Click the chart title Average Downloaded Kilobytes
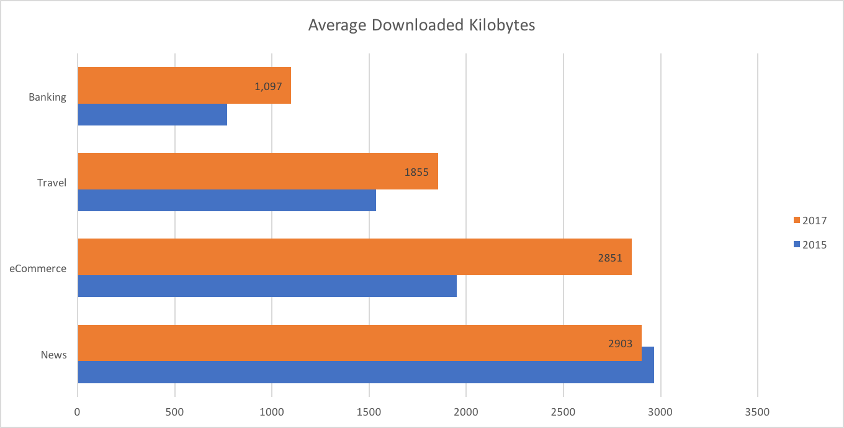tap(421, 25)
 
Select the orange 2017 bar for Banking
tap(184, 86)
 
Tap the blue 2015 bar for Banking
tap(152, 114)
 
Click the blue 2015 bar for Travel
tap(227, 200)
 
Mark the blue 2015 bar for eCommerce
tap(267, 286)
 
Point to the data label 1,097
tap(268, 86)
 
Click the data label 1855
tap(416, 172)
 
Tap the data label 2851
tap(610, 258)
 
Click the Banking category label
tap(47, 97)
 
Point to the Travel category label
tap(52, 183)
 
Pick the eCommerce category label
tap(38, 268)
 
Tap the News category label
tap(53, 355)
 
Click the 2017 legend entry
tap(810, 220)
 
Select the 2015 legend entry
tap(810, 245)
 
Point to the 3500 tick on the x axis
tap(758, 412)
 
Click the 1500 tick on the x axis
tap(369, 412)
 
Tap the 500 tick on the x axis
tap(175, 412)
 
